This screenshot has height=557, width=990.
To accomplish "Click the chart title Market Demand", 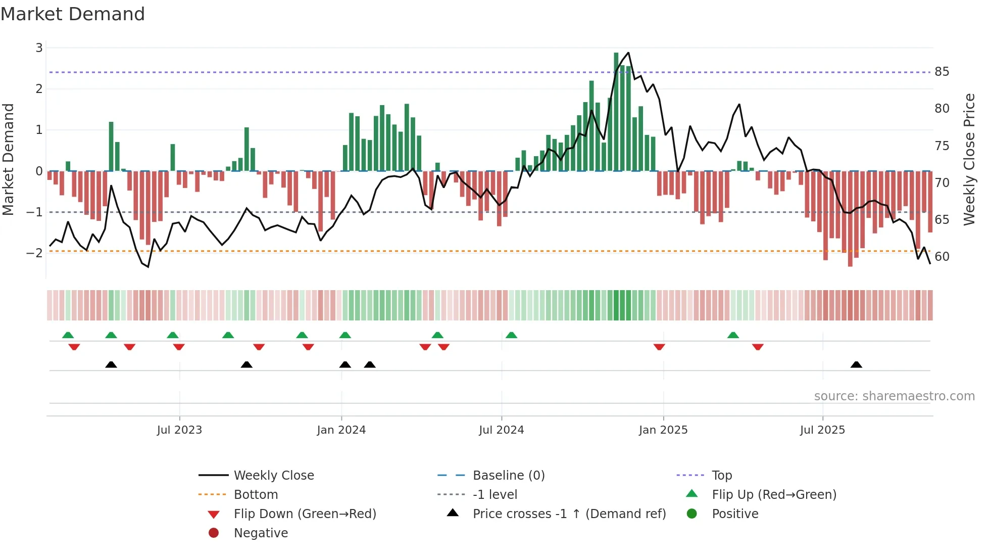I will pos(73,14).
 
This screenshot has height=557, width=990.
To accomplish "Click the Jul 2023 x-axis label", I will pos(179,430).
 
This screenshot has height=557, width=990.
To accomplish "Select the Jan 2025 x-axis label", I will pos(663,430).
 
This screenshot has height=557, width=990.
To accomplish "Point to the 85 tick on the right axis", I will pos(942,72).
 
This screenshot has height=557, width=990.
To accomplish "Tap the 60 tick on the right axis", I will pos(942,257).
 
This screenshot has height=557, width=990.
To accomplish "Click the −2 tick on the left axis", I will pos(34,253).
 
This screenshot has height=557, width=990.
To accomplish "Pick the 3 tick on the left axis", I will pos(39,48).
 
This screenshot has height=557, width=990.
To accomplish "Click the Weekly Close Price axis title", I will pos(969,159).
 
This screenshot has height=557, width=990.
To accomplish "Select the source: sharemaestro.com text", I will pos(894,396).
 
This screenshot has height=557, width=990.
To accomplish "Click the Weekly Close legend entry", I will pos(273,476).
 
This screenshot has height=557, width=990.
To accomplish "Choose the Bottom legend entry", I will pos(256,495).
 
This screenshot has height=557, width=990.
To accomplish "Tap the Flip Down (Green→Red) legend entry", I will pos(305,514).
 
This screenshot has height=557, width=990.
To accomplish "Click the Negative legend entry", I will pos(261,533).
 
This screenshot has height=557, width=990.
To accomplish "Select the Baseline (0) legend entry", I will pos(508,476).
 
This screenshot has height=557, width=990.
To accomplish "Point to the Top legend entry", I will pos(721,476).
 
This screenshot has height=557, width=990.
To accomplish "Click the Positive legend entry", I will pos(735,514).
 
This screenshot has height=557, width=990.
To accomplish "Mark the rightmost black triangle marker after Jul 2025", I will pos(856,365).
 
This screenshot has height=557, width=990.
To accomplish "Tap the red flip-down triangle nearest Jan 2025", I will pos(659,347).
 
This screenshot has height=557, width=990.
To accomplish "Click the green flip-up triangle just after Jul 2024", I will pos(511,335).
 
